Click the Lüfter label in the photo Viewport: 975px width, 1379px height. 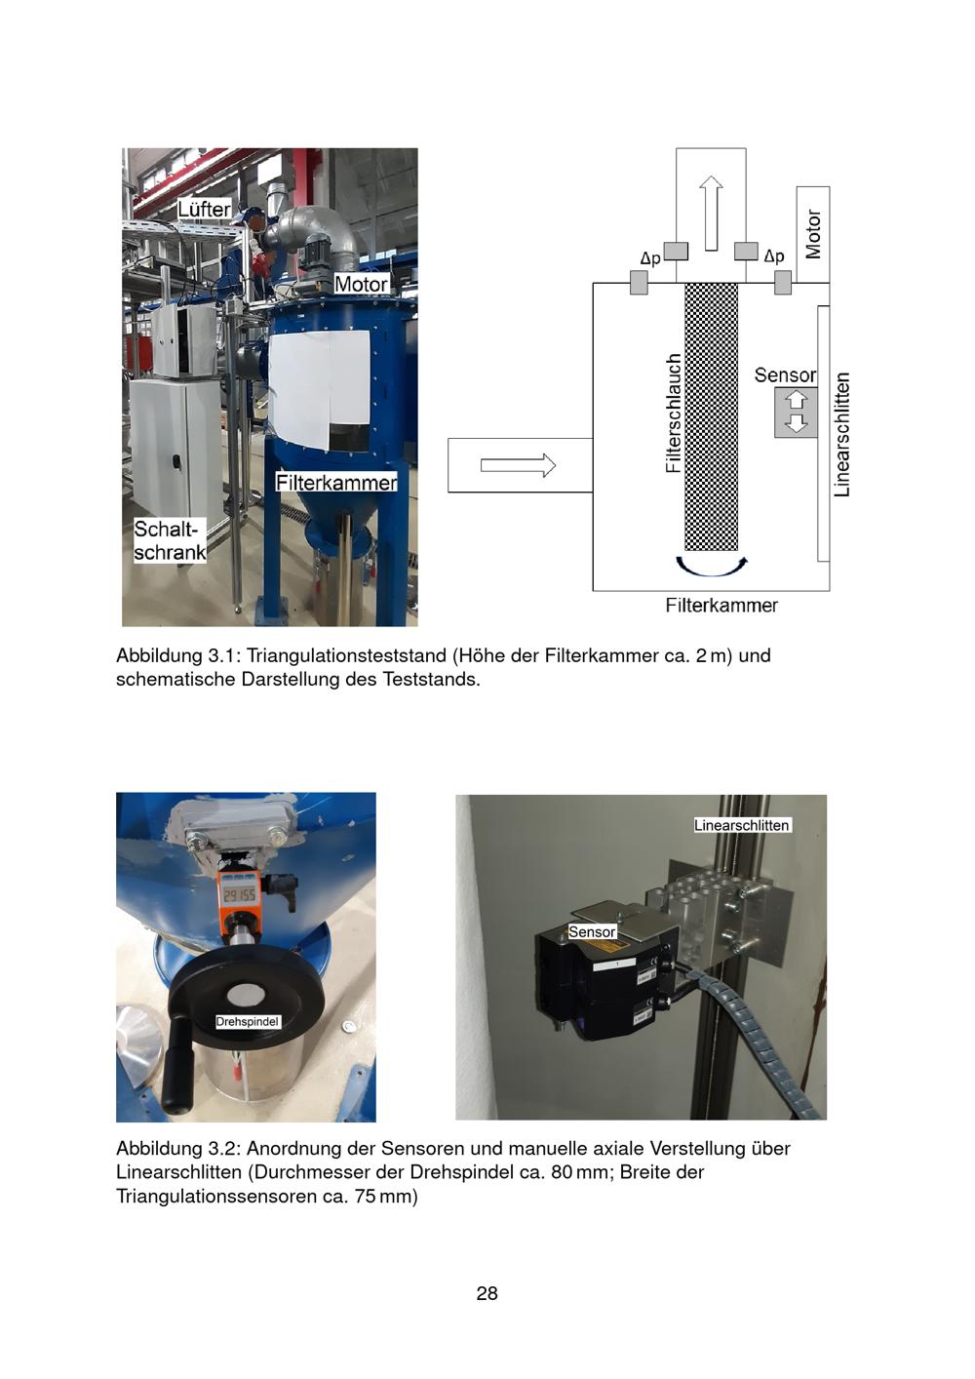pos(204,209)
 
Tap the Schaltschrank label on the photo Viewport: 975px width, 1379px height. pos(170,540)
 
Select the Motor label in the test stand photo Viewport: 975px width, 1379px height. pos(361,284)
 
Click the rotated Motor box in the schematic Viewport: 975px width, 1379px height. pos(813,234)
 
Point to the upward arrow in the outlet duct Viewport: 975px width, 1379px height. pos(711,212)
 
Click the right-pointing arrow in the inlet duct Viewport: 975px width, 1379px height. pos(518,465)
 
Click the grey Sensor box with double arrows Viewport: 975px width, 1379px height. pos(796,412)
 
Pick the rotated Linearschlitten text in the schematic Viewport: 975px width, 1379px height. pos(843,434)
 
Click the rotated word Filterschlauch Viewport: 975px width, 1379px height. pos(673,414)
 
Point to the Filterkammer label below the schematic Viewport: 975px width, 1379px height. pos(721,606)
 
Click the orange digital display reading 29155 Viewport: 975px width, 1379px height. pos(240,894)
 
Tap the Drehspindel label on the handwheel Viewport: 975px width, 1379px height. pos(248,1021)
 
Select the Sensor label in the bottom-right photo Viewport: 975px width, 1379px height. pos(592,932)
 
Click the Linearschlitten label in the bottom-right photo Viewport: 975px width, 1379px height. pos(741,825)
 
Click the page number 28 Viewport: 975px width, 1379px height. pos(487,1293)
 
